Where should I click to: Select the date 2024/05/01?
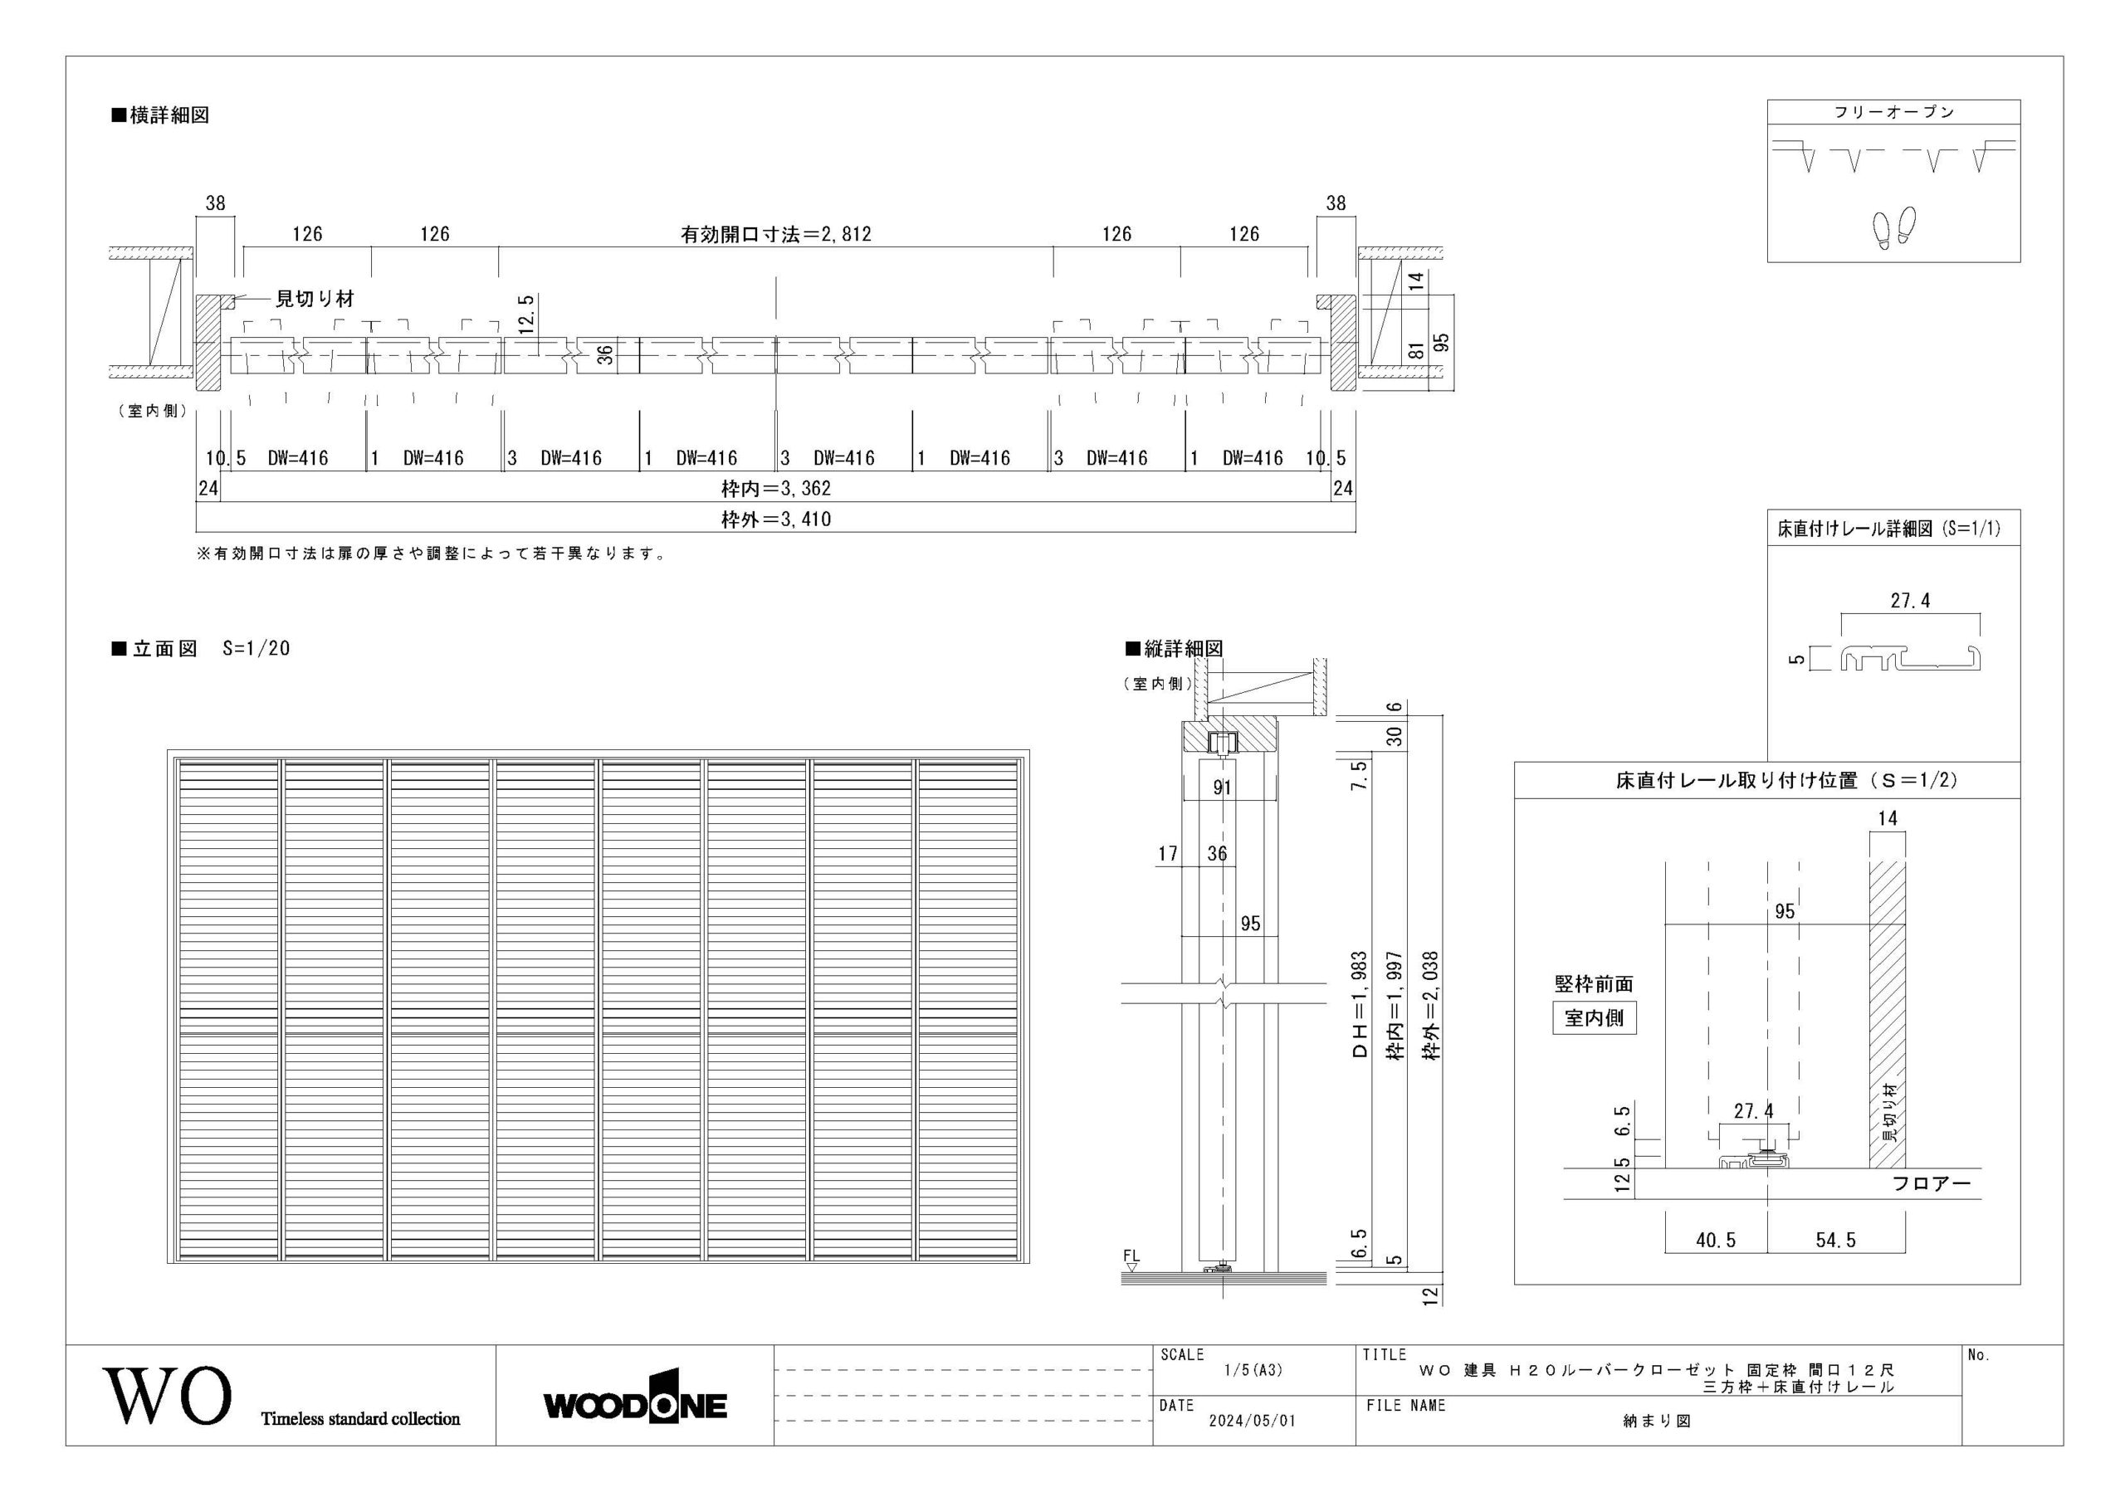tap(1253, 1421)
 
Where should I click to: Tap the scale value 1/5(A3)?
tap(1253, 1371)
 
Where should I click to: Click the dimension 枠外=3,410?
tap(775, 519)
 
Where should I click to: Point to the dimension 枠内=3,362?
tap(775, 488)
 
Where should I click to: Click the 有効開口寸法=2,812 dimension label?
tap(775, 234)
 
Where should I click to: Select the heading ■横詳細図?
tap(160, 115)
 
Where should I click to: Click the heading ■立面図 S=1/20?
tap(201, 649)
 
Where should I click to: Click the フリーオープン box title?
tap(1893, 112)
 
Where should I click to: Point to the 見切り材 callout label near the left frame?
tap(315, 299)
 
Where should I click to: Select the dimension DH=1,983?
tap(1360, 1004)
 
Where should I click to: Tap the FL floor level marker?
tap(1131, 1261)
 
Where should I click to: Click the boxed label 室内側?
tap(1594, 1018)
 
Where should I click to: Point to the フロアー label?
tap(1931, 1183)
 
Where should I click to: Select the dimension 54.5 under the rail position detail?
tap(1835, 1240)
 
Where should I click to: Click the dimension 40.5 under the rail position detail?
tap(1716, 1240)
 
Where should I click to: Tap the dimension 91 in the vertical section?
tap(1222, 788)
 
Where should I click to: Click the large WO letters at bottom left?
tap(168, 1395)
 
